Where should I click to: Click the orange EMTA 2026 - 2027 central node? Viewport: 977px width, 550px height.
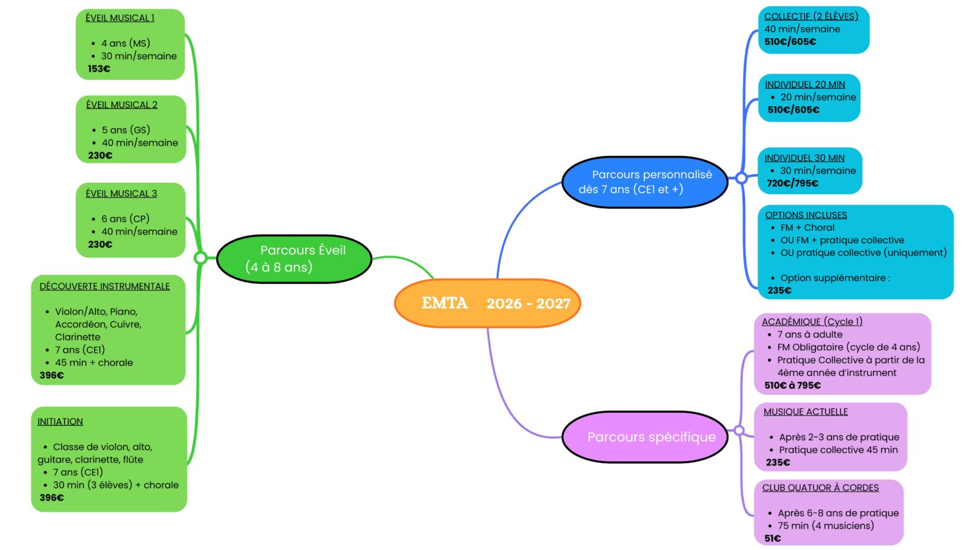tap(487, 304)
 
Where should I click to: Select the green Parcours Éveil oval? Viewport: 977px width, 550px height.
tap(294, 259)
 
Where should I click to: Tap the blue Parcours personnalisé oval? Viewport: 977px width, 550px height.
tap(645, 182)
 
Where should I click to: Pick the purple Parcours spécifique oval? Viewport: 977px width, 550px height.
tap(645, 437)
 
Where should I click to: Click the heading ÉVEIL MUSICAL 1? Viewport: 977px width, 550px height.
tap(120, 18)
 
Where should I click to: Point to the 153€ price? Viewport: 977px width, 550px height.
tap(99, 69)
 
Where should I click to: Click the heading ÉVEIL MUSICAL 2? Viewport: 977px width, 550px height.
tap(122, 105)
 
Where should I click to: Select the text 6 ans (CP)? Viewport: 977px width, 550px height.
tap(126, 219)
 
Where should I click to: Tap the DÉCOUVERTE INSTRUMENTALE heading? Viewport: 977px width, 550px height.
tap(105, 286)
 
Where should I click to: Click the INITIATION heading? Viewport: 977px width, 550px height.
tap(60, 422)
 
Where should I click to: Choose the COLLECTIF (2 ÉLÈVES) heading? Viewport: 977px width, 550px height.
tap(811, 17)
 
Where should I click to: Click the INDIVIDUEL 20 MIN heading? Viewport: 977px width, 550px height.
tap(805, 84)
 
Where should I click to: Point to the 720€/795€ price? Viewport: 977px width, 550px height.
tap(792, 184)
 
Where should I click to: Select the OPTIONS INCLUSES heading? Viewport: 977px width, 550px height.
tap(806, 215)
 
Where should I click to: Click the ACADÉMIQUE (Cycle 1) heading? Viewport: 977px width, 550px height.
tap(812, 322)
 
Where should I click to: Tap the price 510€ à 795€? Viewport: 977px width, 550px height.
tap(792, 386)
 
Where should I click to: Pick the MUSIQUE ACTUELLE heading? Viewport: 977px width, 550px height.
tap(806, 411)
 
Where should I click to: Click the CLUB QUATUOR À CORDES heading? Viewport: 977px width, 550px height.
tap(821, 488)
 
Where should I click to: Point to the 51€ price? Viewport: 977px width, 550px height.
tap(773, 539)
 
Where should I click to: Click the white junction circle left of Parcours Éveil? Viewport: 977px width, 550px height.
tap(201, 258)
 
